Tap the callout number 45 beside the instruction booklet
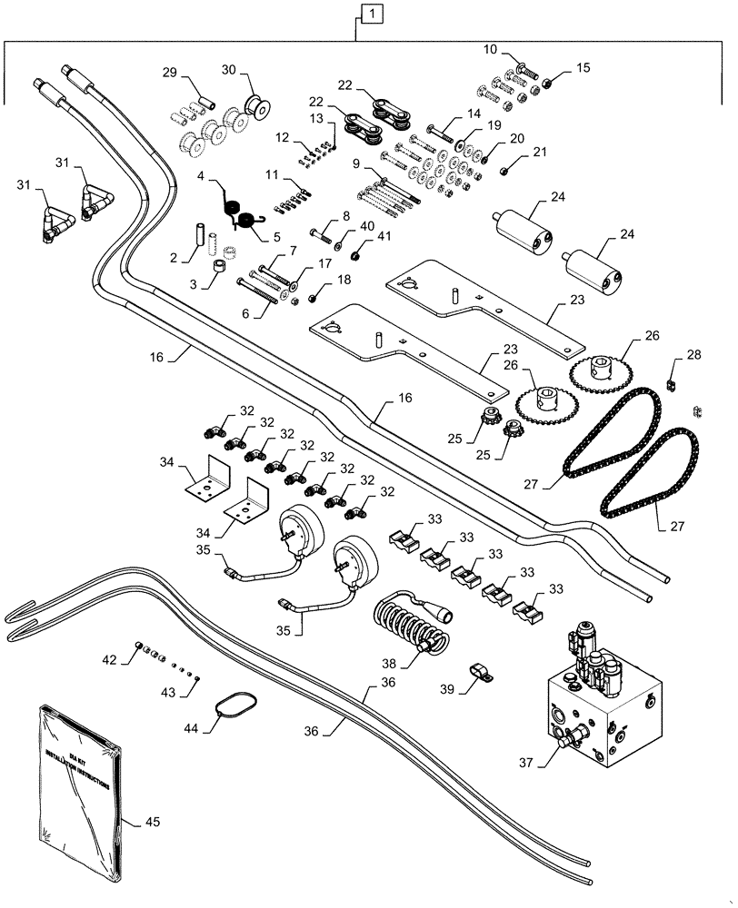tap(154, 823)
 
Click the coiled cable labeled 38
tap(409, 626)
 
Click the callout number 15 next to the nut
tap(583, 67)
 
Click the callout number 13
tap(314, 119)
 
